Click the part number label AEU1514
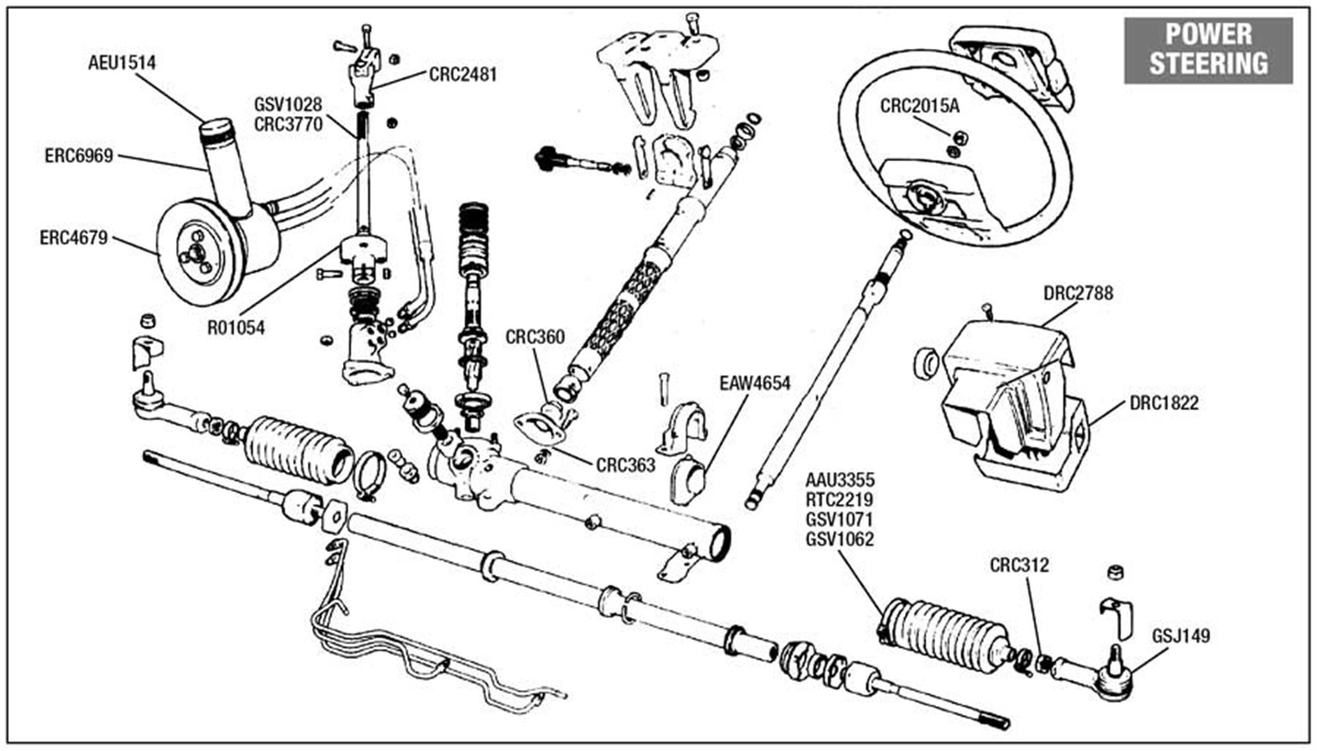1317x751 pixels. click(x=122, y=63)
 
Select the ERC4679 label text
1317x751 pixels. click(x=73, y=238)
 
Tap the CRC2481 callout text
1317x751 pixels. click(x=462, y=74)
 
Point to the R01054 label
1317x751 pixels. click(x=236, y=327)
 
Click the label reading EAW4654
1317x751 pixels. click(x=755, y=383)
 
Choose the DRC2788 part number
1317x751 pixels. click(x=1078, y=293)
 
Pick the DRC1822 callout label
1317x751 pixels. click(x=1164, y=403)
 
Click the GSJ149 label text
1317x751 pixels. click(x=1181, y=636)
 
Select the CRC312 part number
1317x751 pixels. click(x=1019, y=565)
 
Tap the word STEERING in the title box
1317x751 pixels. click(x=1208, y=63)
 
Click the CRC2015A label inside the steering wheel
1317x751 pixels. click(x=920, y=106)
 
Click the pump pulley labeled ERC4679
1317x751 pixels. click(x=191, y=252)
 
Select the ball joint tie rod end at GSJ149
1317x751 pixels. click(x=1113, y=679)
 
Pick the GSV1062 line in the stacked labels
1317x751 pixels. click(x=840, y=540)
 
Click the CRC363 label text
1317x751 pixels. click(x=626, y=465)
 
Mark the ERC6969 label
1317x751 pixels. click(x=79, y=156)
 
